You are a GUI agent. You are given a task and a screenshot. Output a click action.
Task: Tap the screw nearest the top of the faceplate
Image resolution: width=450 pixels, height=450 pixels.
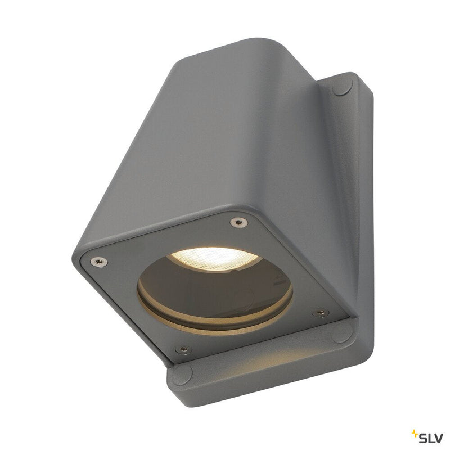239,223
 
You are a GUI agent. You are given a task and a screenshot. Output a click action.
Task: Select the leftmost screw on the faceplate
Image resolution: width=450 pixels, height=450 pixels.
98,261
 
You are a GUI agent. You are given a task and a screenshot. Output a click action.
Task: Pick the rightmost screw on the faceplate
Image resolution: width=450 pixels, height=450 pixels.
321,312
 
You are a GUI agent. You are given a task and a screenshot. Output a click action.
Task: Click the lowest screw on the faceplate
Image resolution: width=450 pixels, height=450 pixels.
183,349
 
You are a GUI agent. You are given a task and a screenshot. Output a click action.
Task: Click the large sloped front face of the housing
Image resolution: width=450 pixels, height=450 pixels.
180,146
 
